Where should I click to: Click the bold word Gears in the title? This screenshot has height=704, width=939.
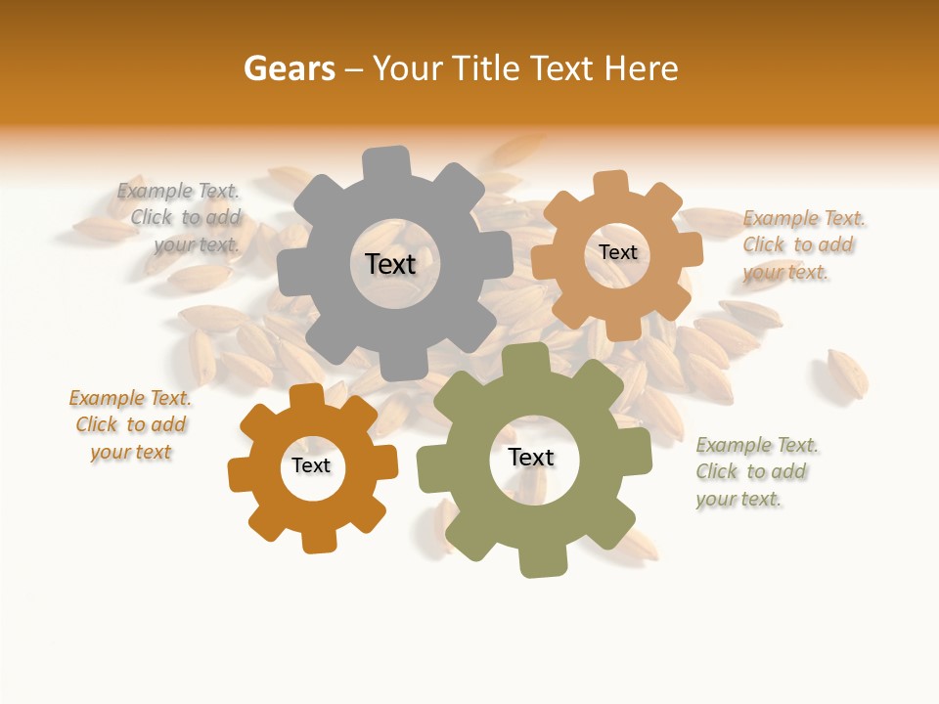[289, 68]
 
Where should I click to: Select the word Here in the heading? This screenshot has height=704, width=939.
[642, 68]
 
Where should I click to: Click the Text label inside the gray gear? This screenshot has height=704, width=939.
[390, 264]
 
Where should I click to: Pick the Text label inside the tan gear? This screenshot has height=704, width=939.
[617, 252]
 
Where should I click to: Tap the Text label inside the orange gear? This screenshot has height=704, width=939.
[311, 465]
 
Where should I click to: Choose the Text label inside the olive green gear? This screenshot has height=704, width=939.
[531, 457]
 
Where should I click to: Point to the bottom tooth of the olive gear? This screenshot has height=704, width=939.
[542, 561]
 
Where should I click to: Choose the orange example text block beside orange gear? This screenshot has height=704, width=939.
[130, 424]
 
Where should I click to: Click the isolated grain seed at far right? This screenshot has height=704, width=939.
[847, 374]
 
